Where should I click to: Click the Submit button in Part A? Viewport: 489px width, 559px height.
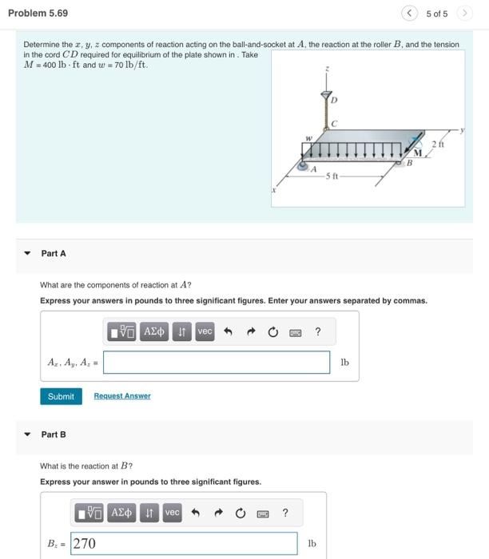[61, 396]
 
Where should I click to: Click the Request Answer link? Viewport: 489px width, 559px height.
[121, 396]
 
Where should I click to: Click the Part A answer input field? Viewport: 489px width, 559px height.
[217, 362]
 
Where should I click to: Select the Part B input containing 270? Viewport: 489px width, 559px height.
[184, 543]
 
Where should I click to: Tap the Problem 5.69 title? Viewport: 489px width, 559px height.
[38, 14]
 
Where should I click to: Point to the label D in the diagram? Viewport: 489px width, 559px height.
[335, 100]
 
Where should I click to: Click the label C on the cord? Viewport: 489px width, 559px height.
[335, 123]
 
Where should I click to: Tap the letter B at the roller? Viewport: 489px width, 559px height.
[409, 165]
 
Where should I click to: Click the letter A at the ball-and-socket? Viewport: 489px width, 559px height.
[313, 168]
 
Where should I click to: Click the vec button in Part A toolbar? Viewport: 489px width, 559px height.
[205, 331]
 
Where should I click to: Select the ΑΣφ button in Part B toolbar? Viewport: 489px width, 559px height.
[121, 513]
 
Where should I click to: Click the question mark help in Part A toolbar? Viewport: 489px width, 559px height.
[318, 331]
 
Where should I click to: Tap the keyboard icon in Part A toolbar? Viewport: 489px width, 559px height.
[294, 331]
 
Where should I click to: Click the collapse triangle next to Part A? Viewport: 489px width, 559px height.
[27, 253]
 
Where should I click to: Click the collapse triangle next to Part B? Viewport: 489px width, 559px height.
[27, 434]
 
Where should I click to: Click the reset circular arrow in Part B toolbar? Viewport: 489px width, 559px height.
[239, 513]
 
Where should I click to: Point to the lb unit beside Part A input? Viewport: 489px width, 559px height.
[344, 363]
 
